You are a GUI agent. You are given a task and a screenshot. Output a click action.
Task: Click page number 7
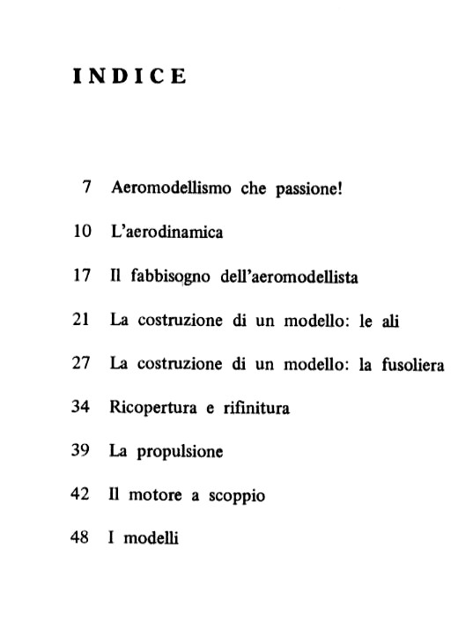pos(86,189)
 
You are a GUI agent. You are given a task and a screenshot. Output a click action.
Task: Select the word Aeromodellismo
pos(169,189)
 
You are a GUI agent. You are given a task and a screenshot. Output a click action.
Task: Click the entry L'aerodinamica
pos(166,233)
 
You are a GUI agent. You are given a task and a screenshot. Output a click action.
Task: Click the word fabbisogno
pos(172,278)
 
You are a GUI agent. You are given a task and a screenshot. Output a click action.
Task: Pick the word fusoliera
pos(412,364)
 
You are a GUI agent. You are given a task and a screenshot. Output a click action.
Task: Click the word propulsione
pos(180,451)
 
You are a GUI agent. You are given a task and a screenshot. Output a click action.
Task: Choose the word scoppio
pos(236,496)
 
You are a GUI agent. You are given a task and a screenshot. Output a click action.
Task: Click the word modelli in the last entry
pos(151,538)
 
